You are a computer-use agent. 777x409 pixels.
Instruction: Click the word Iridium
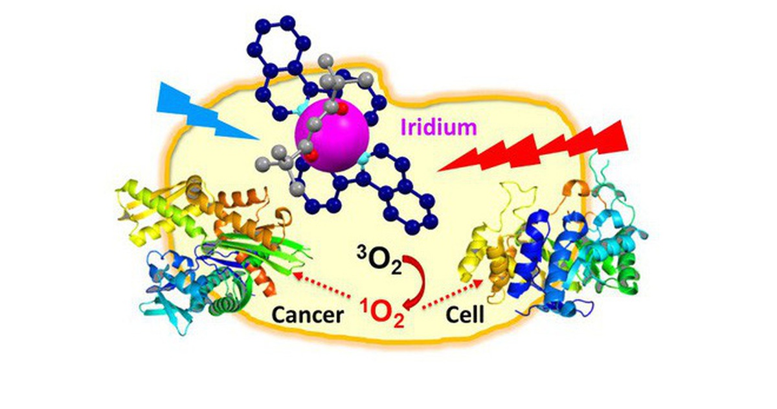tap(439, 128)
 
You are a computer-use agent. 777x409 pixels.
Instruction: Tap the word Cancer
tap(308, 315)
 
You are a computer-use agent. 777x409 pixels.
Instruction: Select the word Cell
tap(465, 315)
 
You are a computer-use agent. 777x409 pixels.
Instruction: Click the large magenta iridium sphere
tap(332, 135)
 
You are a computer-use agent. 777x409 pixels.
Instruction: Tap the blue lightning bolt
tap(207, 111)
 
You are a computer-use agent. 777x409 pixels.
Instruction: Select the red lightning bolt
tap(533, 146)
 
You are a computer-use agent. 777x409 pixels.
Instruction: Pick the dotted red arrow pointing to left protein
tap(322, 285)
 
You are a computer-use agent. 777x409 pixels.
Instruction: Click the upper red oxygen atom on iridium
tap(343, 109)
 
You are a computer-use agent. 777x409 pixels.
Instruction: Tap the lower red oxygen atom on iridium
tap(310, 156)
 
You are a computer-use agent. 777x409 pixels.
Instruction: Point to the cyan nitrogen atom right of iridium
tap(363, 160)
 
